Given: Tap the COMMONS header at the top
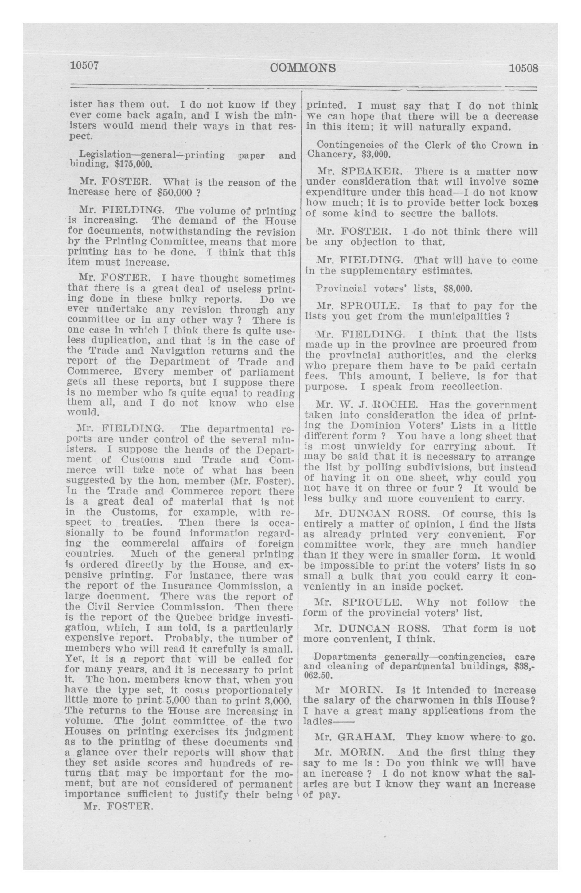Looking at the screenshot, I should [302, 68].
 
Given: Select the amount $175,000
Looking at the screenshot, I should [129, 164].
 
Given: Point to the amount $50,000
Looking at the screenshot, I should [174, 193].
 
